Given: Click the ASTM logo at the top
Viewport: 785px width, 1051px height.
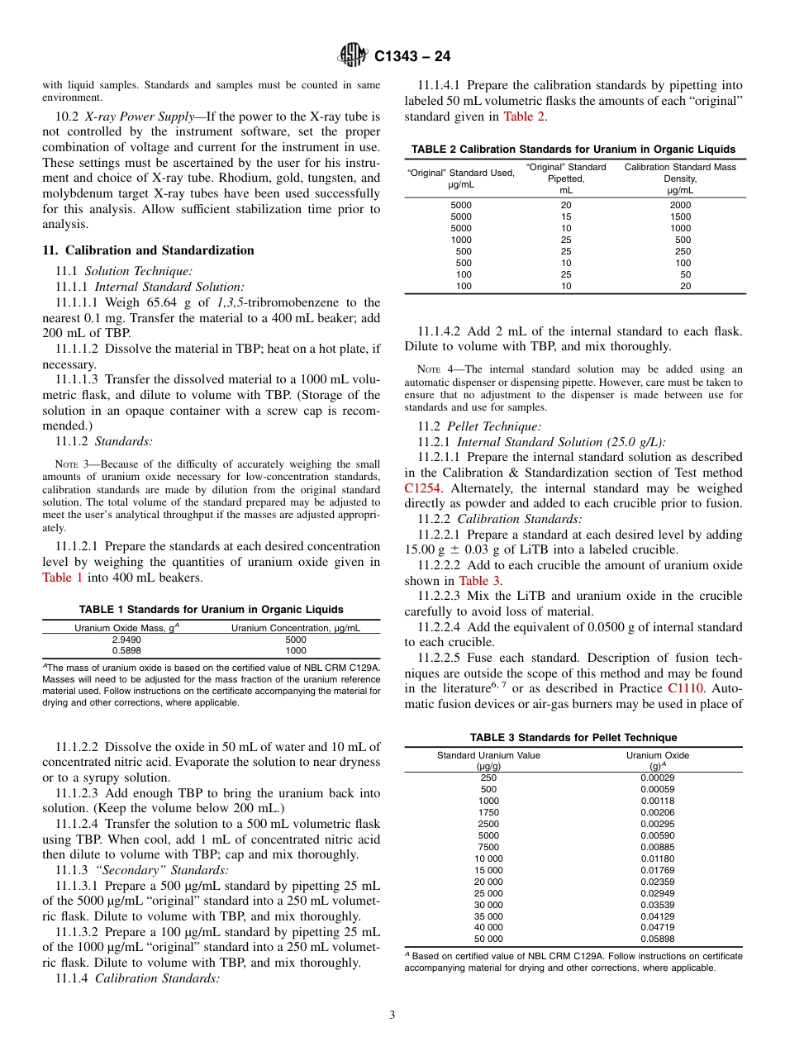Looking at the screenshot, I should [353, 57].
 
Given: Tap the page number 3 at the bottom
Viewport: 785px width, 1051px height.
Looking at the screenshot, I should [392, 1015].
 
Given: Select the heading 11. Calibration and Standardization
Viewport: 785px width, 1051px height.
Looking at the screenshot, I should [148, 250].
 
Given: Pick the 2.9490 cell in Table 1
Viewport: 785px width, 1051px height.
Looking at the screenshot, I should [126, 640].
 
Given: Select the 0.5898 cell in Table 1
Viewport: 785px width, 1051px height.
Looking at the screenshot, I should [126, 651].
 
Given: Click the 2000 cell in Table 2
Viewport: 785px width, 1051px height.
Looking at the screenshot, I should [679, 205].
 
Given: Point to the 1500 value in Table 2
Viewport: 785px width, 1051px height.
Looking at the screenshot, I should [679, 216].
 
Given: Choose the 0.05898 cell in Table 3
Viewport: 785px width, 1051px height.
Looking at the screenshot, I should [657, 939].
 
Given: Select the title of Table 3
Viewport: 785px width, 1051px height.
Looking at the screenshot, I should [573, 737].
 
